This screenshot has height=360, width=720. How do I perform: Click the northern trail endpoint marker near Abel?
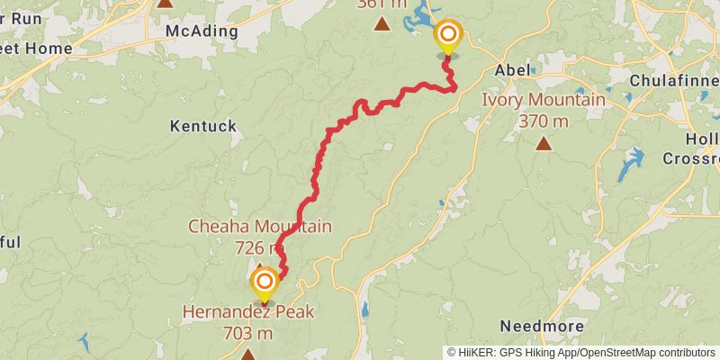pos(447,37)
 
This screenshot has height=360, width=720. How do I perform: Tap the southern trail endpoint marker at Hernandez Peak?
pos(264,283)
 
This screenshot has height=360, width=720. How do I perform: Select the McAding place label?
pos(202,31)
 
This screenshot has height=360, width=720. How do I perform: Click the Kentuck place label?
pos(202,126)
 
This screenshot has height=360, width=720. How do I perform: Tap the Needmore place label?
pos(543,326)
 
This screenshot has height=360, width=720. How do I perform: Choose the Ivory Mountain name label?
pos(544,100)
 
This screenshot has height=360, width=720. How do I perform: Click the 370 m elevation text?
pos(544,121)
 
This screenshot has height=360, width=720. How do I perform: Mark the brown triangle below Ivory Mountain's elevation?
pos(544,143)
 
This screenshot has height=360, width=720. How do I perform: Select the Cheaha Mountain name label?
pos(259,226)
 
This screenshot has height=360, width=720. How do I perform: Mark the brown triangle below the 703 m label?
pos(247,355)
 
